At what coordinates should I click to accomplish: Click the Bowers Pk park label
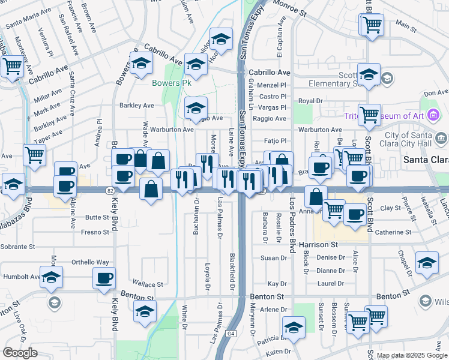click(x=171, y=83)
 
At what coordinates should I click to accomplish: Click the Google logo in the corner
click(x=20, y=353)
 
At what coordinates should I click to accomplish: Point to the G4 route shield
click(x=231, y=333)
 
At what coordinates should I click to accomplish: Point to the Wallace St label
click(x=148, y=284)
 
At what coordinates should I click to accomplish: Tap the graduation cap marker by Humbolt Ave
click(x=52, y=277)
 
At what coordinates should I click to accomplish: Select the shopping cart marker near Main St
click(x=372, y=25)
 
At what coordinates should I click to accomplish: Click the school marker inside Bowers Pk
click(x=195, y=108)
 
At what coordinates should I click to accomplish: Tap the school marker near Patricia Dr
click(x=294, y=328)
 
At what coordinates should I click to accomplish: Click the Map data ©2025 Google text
click(x=412, y=356)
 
